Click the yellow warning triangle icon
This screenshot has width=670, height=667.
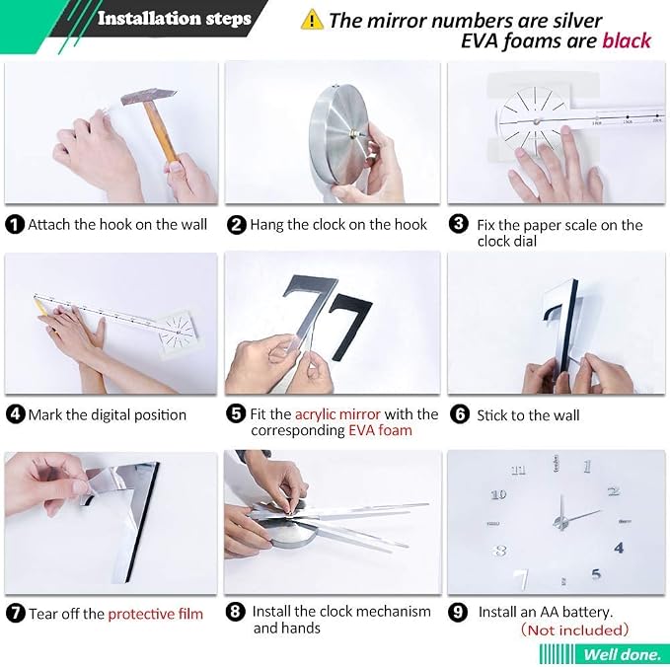(x=312, y=20)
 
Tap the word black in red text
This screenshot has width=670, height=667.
(x=627, y=41)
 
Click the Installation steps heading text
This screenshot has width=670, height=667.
(x=175, y=19)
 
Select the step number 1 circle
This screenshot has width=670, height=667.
(x=15, y=224)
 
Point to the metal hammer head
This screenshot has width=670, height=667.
(x=148, y=98)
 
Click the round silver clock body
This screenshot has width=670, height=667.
(x=339, y=134)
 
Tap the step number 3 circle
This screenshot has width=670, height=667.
(x=459, y=224)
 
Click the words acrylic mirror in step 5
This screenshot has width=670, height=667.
(x=337, y=414)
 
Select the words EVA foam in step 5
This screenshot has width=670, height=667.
(x=380, y=430)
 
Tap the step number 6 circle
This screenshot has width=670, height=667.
(x=460, y=414)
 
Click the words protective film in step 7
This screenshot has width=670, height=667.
(x=156, y=614)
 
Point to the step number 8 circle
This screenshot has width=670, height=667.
(x=236, y=612)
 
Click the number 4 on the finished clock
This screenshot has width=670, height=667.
(x=619, y=548)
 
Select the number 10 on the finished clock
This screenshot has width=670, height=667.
(x=498, y=494)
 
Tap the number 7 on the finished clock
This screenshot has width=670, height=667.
(x=521, y=578)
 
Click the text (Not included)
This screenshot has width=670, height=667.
(x=574, y=630)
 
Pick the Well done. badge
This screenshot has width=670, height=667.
(x=604, y=654)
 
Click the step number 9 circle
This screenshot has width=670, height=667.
(x=458, y=612)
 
